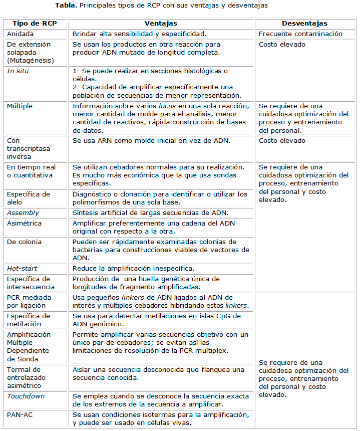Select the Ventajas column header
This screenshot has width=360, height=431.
(161, 24)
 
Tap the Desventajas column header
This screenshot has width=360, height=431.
(304, 24)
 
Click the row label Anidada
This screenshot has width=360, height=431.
(21, 34)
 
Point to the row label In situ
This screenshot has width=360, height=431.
(18, 71)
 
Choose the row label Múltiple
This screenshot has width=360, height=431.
(21, 106)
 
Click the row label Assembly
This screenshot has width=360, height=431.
(23, 213)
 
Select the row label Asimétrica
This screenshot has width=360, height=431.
(25, 223)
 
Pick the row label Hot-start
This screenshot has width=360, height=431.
(23, 268)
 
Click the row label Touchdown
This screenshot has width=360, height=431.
(26, 396)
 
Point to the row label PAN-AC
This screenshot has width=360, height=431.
(20, 414)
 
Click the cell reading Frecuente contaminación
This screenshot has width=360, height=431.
(300, 34)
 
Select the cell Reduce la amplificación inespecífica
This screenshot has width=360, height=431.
(134, 268)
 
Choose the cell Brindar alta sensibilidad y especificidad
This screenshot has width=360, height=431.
(139, 34)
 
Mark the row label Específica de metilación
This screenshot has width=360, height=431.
(29, 320)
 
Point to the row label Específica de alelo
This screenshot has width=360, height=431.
(29, 198)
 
